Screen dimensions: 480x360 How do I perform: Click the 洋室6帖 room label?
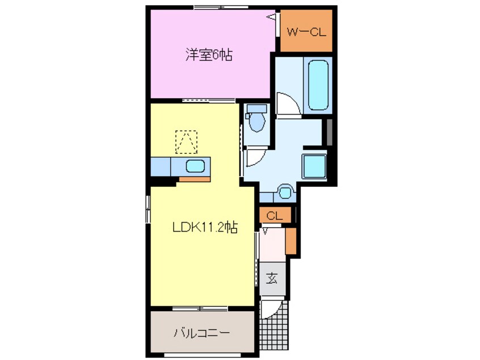pos(209,55)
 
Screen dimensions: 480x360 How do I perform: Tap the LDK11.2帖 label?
pos(205,227)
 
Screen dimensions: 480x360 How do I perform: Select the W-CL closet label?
pos(306,32)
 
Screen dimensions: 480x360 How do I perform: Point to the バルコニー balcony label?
pos(202,333)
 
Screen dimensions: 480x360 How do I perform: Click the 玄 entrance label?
pos(272,278)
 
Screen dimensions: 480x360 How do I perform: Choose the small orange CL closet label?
pos(275,216)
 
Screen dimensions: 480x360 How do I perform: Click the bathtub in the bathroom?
pos(318,85)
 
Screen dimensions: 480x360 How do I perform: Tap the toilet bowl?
pos(257,122)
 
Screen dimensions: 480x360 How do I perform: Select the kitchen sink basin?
pos(195,166)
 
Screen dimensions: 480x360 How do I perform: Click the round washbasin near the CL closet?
pos(286,192)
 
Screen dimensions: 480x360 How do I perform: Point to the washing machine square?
pos(314,166)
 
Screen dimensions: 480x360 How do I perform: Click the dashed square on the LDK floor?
pos(186,142)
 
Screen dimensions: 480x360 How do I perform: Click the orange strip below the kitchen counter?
pos(195,179)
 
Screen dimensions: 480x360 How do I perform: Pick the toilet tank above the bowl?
pos(257,108)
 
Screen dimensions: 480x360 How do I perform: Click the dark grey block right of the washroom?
pos(330,132)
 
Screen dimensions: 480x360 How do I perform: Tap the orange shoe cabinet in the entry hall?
pos(291,241)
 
